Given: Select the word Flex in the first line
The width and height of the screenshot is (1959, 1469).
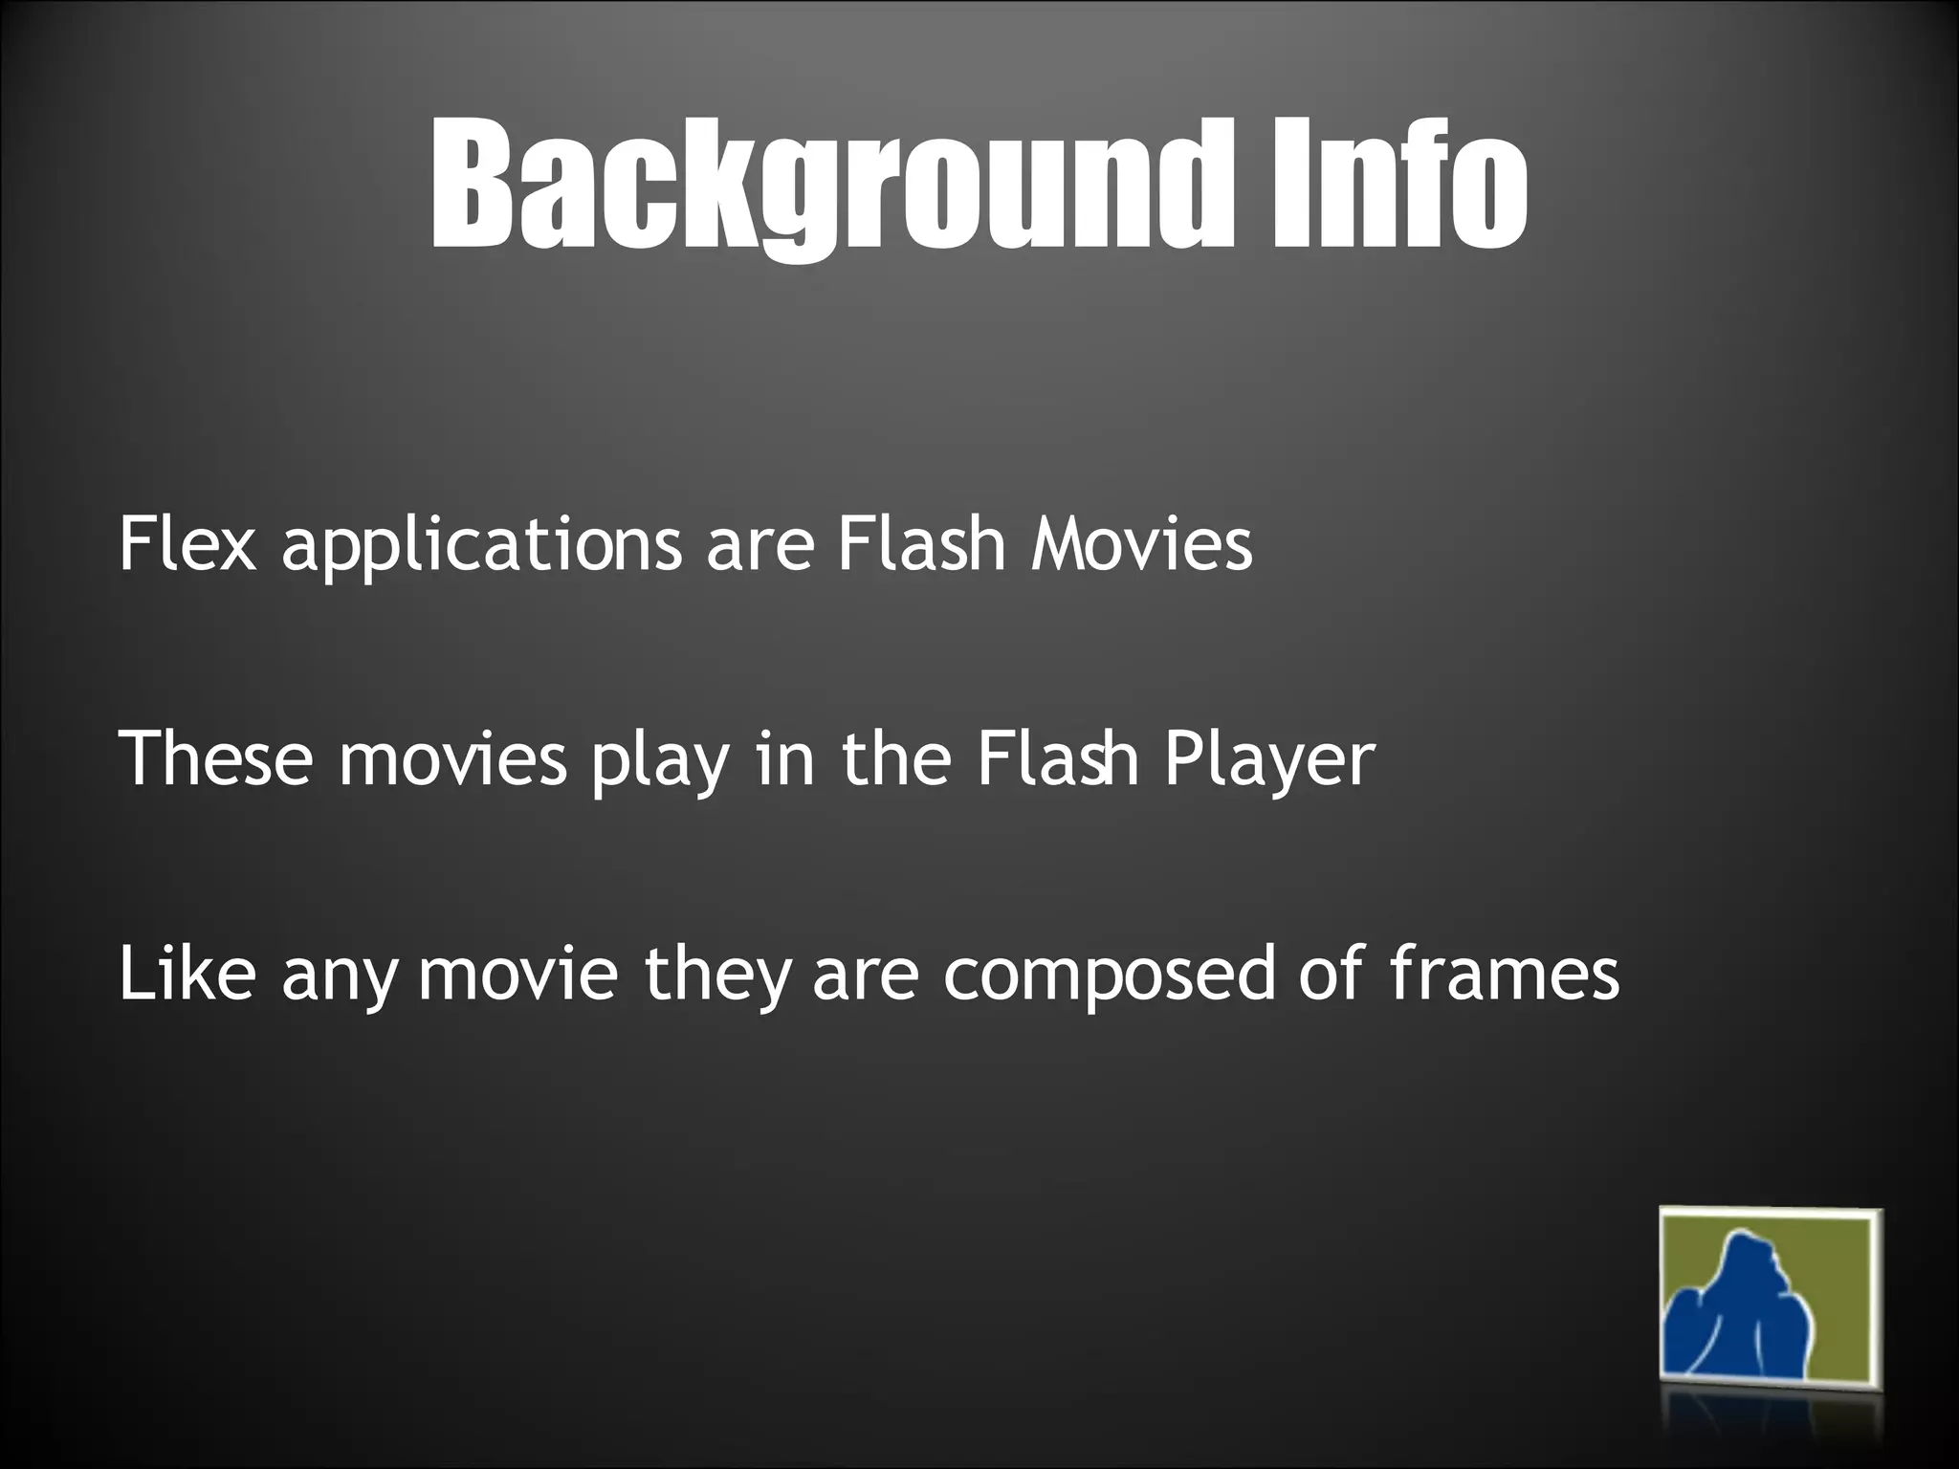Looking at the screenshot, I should pyautogui.click(x=187, y=545).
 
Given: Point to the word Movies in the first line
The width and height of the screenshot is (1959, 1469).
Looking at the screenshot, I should pyautogui.click(x=1141, y=545).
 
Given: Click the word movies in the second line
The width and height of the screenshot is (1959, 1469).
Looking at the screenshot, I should pyautogui.click(x=453, y=760).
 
